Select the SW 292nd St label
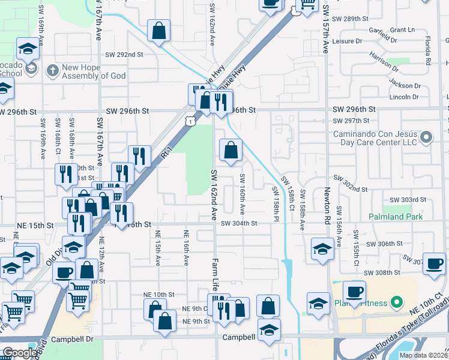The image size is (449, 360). coord(125,55)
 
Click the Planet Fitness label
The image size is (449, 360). coord(362,302)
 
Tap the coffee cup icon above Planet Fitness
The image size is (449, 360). coord(354,292)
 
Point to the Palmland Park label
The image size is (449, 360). coord(395,217)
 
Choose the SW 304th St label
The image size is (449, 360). coord(238,223)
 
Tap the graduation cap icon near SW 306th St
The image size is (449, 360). coord(322,249)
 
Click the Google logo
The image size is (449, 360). coord(19,353)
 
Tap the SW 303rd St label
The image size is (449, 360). coord(408,200)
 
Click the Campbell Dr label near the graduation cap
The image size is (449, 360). coord(240,338)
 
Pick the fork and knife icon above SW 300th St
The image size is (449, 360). coord(139,157)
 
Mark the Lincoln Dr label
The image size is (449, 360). coord(403,97)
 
